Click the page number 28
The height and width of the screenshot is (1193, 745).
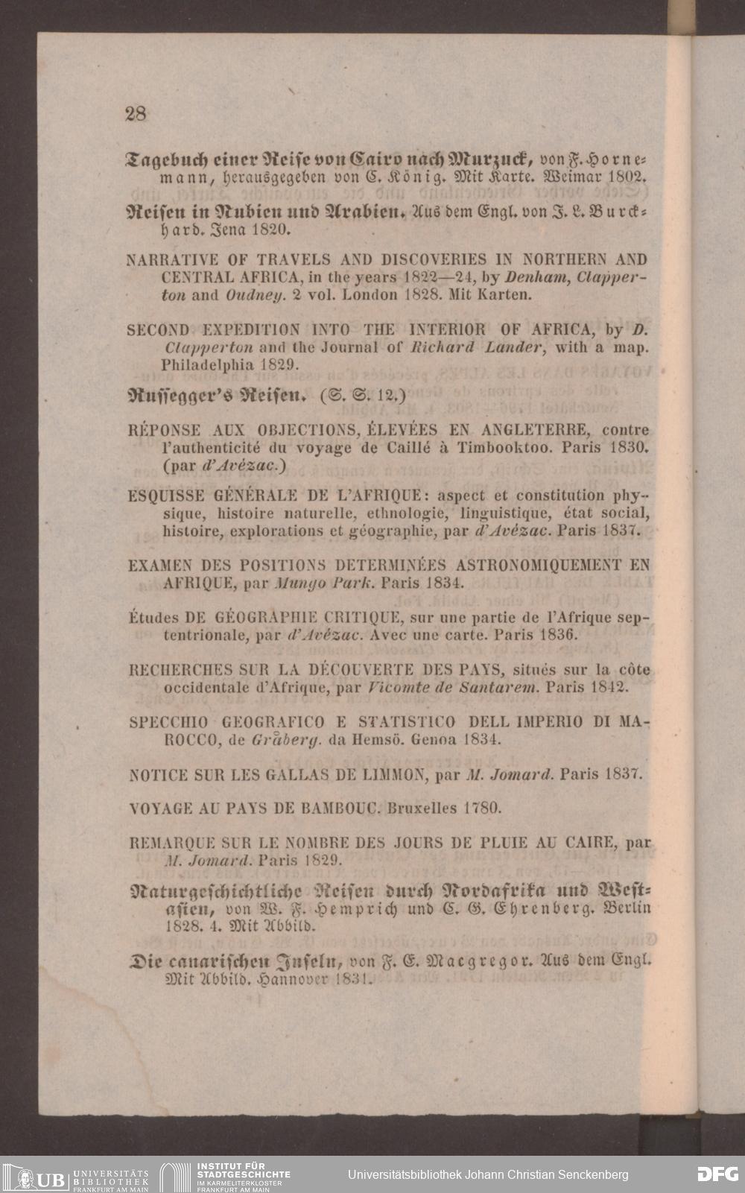coord(136,114)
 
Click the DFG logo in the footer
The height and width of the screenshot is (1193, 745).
coord(718,1174)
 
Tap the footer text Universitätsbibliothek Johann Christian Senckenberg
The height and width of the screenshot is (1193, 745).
coord(488,1174)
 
